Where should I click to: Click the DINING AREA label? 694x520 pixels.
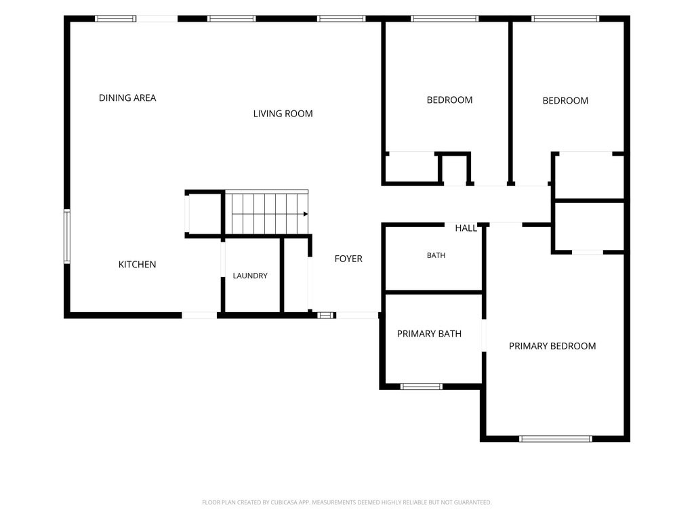(127, 97)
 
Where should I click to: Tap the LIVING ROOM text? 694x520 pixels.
(283, 114)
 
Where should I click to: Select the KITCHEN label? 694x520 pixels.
(137, 265)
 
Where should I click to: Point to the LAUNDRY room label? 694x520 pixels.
(250, 276)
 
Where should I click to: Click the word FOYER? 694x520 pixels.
(348, 259)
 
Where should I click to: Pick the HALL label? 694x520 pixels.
(466, 228)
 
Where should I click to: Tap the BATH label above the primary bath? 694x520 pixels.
(436, 255)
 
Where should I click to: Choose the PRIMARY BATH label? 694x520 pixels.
(429, 334)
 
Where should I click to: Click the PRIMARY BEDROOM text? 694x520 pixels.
(552, 346)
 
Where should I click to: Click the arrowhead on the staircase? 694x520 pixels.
(306, 214)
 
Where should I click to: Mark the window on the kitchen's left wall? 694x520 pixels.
(67, 236)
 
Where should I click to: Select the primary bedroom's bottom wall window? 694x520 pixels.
(556, 439)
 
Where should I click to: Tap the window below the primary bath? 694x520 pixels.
(422, 387)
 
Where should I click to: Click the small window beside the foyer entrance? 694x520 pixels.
(325, 316)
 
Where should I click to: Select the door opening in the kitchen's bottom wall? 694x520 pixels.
(199, 316)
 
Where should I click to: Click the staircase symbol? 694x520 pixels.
(267, 212)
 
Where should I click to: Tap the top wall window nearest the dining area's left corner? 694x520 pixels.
(115, 18)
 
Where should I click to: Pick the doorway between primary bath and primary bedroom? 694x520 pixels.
(484, 335)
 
